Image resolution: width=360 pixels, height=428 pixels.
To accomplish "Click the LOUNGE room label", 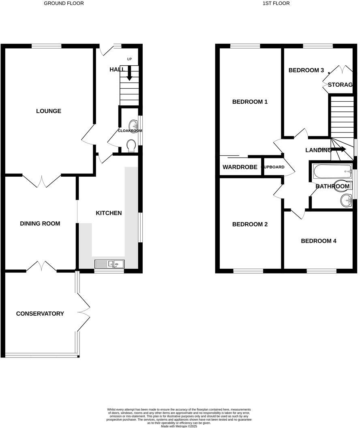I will (49, 111).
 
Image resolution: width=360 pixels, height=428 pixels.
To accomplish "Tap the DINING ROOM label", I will (40, 223).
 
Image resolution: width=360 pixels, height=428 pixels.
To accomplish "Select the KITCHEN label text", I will (109, 213).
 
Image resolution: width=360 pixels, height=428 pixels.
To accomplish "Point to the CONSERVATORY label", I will (40, 313).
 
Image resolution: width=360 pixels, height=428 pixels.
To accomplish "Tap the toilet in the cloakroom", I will (131, 145).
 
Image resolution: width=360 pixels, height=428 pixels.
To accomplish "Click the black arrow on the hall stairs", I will (129, 74).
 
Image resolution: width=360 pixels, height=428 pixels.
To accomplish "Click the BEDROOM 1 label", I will (250, 102).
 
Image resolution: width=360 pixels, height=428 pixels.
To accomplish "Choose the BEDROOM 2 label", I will (250, 224).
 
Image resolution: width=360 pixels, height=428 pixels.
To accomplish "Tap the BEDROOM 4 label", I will (319, 241).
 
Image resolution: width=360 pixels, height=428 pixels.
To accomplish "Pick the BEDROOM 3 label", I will (306, 70).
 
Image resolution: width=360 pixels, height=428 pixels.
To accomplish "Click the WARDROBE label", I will (240, 167).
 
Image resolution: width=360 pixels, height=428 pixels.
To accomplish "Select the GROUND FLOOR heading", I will (64, 3).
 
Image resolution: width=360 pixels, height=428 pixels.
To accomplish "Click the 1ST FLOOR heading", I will (276, 3).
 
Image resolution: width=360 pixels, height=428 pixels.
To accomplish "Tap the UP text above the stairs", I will (130, 59).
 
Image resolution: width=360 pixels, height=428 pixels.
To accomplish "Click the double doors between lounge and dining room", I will (42, 181).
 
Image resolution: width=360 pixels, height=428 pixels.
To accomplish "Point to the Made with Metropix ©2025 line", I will (179, 426).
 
